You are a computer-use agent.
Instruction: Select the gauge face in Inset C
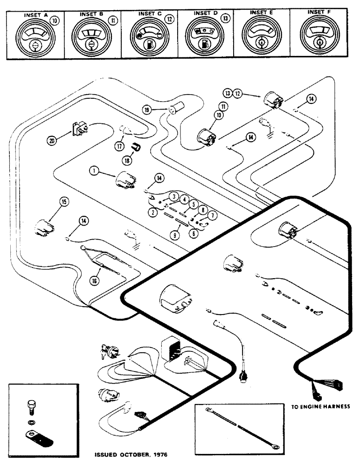point(148,40)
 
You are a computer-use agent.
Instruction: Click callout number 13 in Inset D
point(226,19)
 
